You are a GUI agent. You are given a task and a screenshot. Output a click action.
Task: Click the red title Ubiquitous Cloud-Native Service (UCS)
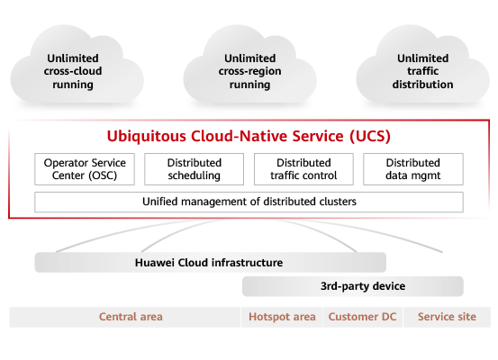point(249,136)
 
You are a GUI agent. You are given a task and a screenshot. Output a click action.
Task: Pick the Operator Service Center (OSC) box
point(85,169)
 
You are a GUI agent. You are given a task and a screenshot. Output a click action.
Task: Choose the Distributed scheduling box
point(194,169)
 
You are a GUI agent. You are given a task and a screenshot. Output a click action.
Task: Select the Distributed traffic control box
point(303,169)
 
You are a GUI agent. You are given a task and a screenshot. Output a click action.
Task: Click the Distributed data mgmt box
point(413,169)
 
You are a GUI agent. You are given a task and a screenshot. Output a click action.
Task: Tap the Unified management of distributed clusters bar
point(249,202)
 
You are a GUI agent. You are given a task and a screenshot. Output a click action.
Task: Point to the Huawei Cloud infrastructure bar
point(210,263)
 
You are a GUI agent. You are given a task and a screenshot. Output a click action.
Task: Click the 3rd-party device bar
point(353,286)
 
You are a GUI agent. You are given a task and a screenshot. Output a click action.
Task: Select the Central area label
point(131,317)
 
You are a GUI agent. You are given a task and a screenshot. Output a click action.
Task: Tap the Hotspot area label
point(282,317)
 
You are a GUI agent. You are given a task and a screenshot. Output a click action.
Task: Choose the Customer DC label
point(362,317)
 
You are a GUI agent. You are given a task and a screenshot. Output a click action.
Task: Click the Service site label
point(447,317)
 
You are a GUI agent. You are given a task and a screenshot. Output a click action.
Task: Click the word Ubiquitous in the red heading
point(147,137)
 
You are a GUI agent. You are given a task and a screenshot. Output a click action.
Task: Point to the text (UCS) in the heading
point(370,137)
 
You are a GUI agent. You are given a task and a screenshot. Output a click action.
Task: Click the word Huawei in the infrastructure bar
point(155,263)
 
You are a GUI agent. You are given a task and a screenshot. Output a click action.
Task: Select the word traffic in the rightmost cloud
point(422,71)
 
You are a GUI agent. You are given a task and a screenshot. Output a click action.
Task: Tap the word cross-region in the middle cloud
point(249,71)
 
